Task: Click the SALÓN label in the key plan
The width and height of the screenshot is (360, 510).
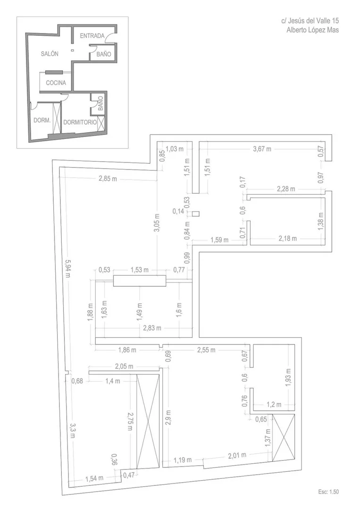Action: [x=50, y=54]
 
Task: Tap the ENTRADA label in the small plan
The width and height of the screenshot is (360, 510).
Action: [x=92, y=36]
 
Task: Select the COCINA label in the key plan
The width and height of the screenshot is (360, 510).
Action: [x=56, y=83]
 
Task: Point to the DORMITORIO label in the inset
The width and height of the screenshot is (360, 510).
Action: [x=80, y=122]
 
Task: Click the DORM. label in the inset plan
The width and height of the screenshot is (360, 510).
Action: [x=42, y=120]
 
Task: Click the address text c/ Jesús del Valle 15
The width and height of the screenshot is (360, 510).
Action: [x=310, y=21]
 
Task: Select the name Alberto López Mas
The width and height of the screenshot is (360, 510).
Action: [x=312, y=30]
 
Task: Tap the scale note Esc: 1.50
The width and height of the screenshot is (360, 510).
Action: [x=328, y=492]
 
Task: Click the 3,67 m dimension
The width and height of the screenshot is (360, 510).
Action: [x=262, y=149]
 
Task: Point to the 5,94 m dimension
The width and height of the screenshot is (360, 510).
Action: [x=67, y=268]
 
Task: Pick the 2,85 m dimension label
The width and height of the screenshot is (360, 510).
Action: [x=108, y=179]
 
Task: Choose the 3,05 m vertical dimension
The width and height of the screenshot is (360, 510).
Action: [x=157, y=223]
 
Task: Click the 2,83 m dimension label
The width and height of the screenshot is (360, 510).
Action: [x=152, y=328]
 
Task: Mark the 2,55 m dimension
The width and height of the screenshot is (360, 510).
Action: [x=206, y=350]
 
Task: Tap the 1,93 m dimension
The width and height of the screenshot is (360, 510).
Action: [x=288, y=377]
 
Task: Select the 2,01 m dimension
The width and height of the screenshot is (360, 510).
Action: [x=237, y=455]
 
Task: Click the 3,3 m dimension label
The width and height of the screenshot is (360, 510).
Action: [x=73, y=430]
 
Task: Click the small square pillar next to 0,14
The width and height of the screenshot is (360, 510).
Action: [x=195, y=214]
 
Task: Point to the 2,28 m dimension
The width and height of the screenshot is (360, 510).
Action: [x=286, y=188]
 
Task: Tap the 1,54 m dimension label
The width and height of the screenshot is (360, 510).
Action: [x=94, y=478]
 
